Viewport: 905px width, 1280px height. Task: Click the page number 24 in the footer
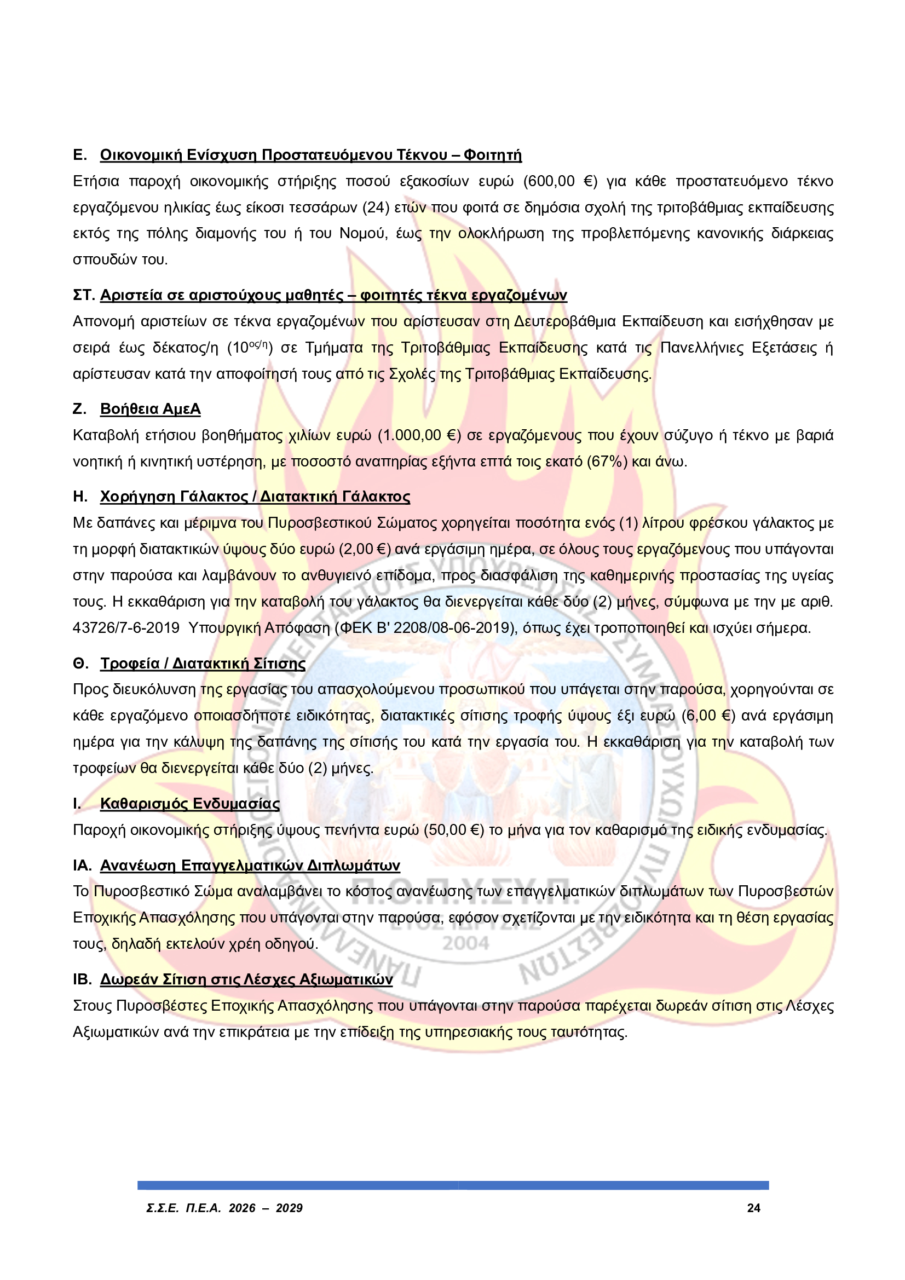pyautogui.click(x=753, y=1208)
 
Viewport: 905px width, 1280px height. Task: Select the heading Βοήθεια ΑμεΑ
pyautogui.click(x=150, y=409)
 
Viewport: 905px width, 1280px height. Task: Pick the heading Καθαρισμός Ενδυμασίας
pyautogui.click(x=189, y=803)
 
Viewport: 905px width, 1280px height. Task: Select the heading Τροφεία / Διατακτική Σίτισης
pyautogui.click(x=203, y=664)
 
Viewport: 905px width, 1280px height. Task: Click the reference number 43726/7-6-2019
pyautogui.click(x=126, y=629)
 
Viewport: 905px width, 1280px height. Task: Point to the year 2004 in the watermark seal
pyautogui.click(x=465, y=944)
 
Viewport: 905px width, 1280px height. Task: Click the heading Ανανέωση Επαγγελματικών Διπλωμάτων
pyautogui.click(x=250, y=865)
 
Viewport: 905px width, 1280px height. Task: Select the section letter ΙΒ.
pyautogui.click(x=82, y=979)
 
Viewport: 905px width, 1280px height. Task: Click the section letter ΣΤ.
pyautogui.click(x=84, y=296)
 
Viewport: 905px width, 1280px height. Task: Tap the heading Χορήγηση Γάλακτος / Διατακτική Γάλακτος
pyautogui.click(x=255, y=497)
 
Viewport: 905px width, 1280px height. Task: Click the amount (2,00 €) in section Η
pyautogui.click(x=364, y=550)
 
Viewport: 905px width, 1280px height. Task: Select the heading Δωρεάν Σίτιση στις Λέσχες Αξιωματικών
pyautogui.click(x=246, y=979)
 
